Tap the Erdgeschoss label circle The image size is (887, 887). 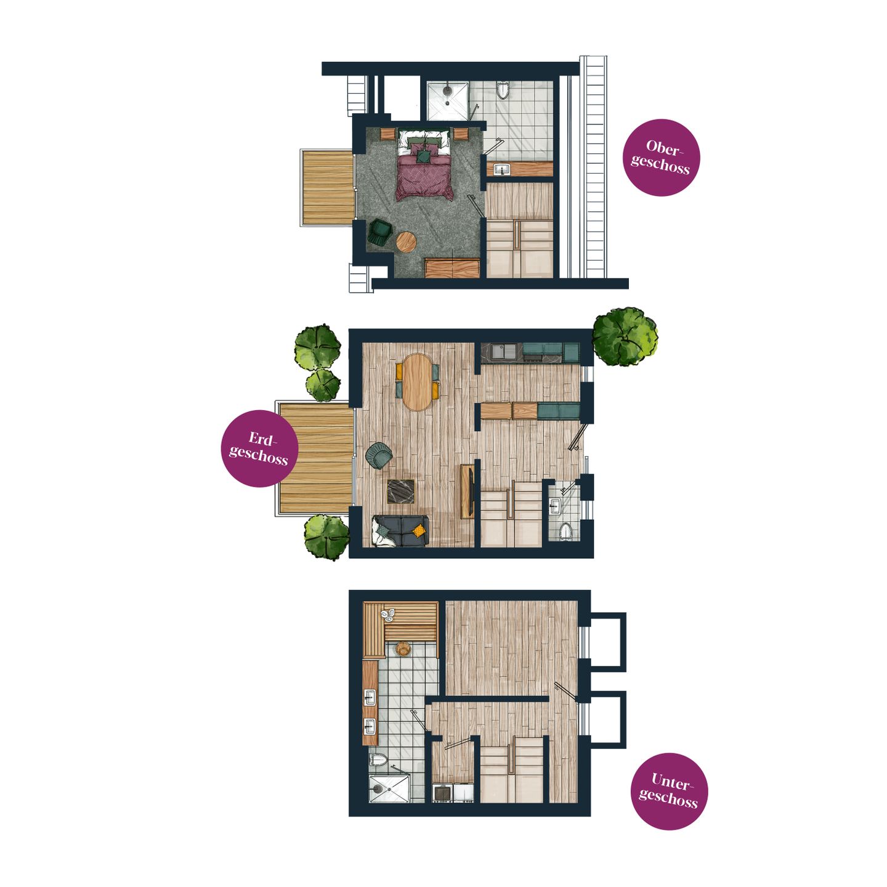click(x=259, y=448)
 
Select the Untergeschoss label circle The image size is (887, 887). click(x=669, y=791)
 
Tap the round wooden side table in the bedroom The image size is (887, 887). click(x=406, y=241)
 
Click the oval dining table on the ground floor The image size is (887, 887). click(x=417, y=382)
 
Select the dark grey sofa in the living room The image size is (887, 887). click(x=400, y=530)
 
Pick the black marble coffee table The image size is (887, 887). click(x=402, y=491)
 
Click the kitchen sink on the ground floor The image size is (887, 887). click(x=504, y=352)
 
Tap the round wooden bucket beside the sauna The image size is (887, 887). click(x=403, y=649)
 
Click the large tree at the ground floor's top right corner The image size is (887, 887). click(x=625, y=337)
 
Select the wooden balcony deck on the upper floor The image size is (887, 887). click(x=327, y=187)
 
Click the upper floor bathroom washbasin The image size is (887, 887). click(x=501, y=169)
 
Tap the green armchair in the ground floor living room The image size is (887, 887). click(x=378, y=455)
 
